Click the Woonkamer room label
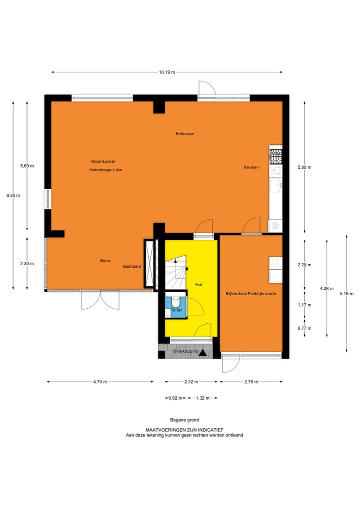103,161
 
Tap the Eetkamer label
184,134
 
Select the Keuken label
251,167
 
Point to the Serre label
104,261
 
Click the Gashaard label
131,267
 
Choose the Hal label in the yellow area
198,284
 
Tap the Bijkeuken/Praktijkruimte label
251,294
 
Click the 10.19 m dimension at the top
167,72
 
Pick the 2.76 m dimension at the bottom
250,382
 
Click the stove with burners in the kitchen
275,155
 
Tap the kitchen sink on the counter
275,186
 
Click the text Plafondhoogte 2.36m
105,170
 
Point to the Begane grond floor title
184,420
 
